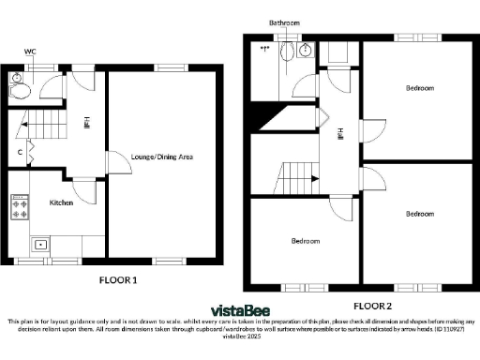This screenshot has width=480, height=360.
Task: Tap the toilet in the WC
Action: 16,90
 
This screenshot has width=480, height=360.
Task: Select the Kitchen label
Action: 62,202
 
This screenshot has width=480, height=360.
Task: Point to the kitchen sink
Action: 41,245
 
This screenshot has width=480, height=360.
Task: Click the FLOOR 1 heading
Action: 119,279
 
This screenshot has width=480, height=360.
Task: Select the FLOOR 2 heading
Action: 372,306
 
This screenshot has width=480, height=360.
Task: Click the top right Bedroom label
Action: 419,88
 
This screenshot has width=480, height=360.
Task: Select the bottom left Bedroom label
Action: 304,241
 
